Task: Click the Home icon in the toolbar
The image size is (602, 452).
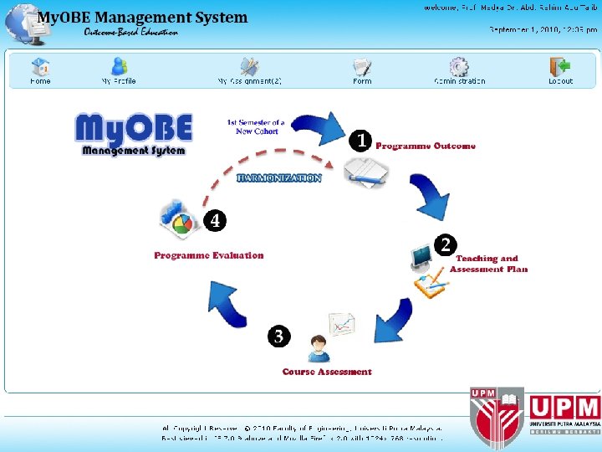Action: pos(40,66)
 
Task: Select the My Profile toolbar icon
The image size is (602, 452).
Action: pos(119,66)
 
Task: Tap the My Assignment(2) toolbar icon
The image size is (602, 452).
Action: pos(249,66)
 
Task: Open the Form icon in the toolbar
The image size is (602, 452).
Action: pos(362,66)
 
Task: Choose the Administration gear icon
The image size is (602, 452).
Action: pos(459,66)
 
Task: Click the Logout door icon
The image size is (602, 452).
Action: pos(560,66)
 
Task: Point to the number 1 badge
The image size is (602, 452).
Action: pos(360,141)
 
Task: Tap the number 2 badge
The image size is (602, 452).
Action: pos(446,244)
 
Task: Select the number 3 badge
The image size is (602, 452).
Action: pos(278,336)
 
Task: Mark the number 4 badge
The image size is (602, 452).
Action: pos(215,220)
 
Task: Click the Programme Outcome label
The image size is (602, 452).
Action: pos(426,146)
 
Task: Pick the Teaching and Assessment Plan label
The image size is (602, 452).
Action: pos(488,265)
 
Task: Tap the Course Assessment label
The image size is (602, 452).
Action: pos(327,372)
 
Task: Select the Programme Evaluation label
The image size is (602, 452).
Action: pos(209,255)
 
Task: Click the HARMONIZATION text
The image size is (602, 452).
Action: pos(279,178)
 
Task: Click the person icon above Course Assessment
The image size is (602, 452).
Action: pos(318,347)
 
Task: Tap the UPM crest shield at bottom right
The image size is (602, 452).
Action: pos(497,415)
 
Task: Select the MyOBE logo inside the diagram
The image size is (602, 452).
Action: pos(134,134)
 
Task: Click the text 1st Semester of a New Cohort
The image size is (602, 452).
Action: pos(256,127)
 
